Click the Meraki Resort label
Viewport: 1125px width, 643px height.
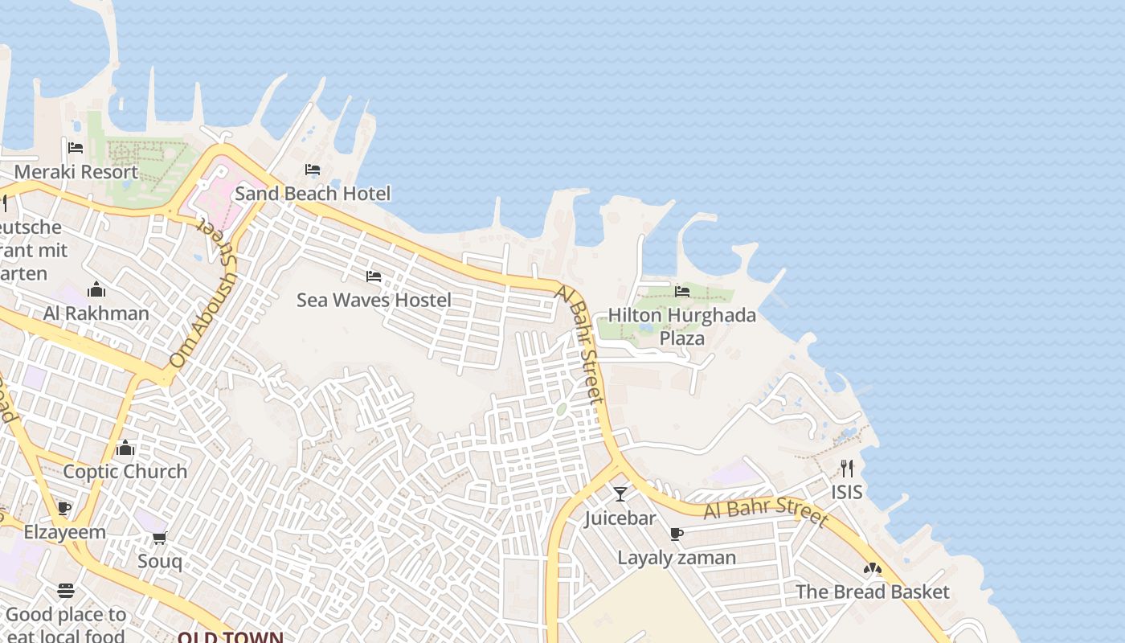[76, 172]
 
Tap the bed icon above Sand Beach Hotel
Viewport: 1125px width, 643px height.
[313, 170]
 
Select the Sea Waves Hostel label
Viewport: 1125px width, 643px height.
[374, 301]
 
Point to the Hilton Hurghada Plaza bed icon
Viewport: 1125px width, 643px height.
[682, 291]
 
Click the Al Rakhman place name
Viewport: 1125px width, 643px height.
[96, 313]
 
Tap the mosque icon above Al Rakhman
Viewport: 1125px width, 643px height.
[96, 289]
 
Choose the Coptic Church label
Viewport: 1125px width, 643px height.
[125, 472]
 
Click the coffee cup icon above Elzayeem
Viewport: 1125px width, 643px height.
[64, 509]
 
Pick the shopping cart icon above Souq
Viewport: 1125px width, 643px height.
[159, 538]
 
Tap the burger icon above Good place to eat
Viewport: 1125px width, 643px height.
[66, 592]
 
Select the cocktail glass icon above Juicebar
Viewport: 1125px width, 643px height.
[620, 494]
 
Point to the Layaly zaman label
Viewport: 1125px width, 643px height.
[677, 558]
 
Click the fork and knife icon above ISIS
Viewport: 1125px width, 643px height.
[847, 468]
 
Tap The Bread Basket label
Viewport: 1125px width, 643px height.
[872, 592]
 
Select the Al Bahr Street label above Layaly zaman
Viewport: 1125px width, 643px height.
[765, 510]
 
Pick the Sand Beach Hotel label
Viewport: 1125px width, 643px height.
[313, 194]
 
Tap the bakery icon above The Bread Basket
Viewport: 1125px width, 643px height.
[873, 568]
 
